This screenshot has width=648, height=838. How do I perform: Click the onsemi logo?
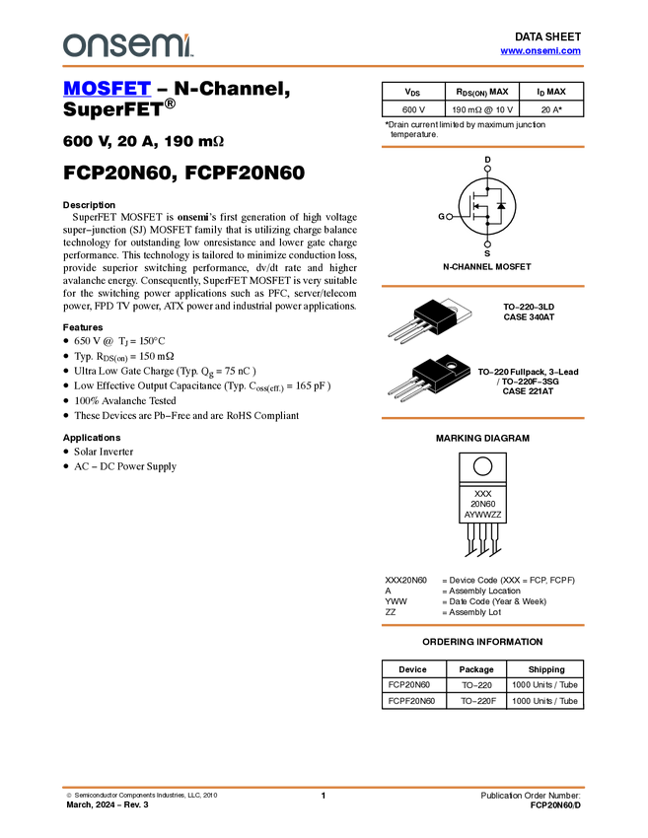127,45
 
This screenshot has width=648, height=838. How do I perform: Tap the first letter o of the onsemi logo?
72,46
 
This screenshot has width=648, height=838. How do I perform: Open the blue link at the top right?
540,52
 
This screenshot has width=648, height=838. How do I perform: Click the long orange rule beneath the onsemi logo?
323,66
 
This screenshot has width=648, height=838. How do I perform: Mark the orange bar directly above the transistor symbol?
482,147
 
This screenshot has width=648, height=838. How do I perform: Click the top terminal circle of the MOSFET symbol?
487,169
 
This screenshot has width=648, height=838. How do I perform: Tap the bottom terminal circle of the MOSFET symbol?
487,244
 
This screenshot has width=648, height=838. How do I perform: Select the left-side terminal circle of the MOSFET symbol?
450,215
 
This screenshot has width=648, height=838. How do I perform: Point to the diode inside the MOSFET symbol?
501,206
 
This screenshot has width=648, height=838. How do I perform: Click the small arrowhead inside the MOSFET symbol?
476,206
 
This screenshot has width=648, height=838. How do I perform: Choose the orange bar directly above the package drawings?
482,286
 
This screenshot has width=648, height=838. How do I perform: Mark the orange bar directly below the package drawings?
482,418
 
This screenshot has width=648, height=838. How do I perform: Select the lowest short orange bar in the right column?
482,625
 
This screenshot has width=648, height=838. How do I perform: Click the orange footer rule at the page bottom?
323,787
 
